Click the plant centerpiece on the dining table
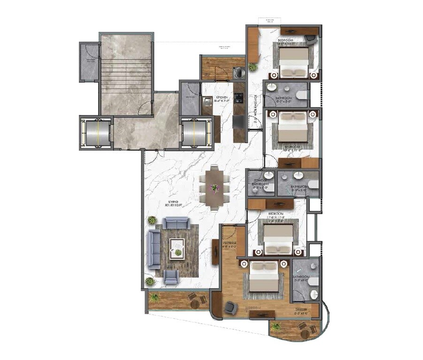tap(215, 188)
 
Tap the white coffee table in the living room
tap(177, 246)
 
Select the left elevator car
tap(96, 133)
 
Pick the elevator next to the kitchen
tap(196, 133)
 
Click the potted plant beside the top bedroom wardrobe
tap(253, 67)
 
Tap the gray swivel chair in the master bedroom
tap(230, 307)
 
